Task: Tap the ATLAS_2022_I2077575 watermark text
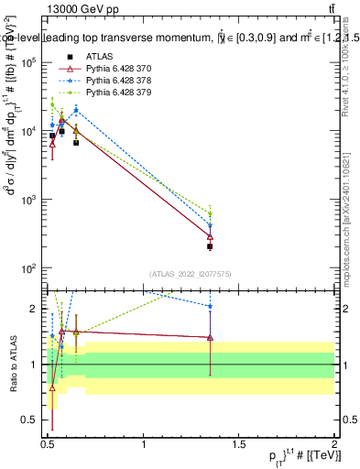tap(191, 273)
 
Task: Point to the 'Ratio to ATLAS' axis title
tap(12, 364)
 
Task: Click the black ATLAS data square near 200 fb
tap(210, 246)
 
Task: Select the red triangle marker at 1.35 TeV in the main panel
tap(210, 236)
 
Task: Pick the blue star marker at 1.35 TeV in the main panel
tap(210, 225)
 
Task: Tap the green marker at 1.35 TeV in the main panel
tap(210, 214)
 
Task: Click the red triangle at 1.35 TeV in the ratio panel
tap(210, 337)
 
